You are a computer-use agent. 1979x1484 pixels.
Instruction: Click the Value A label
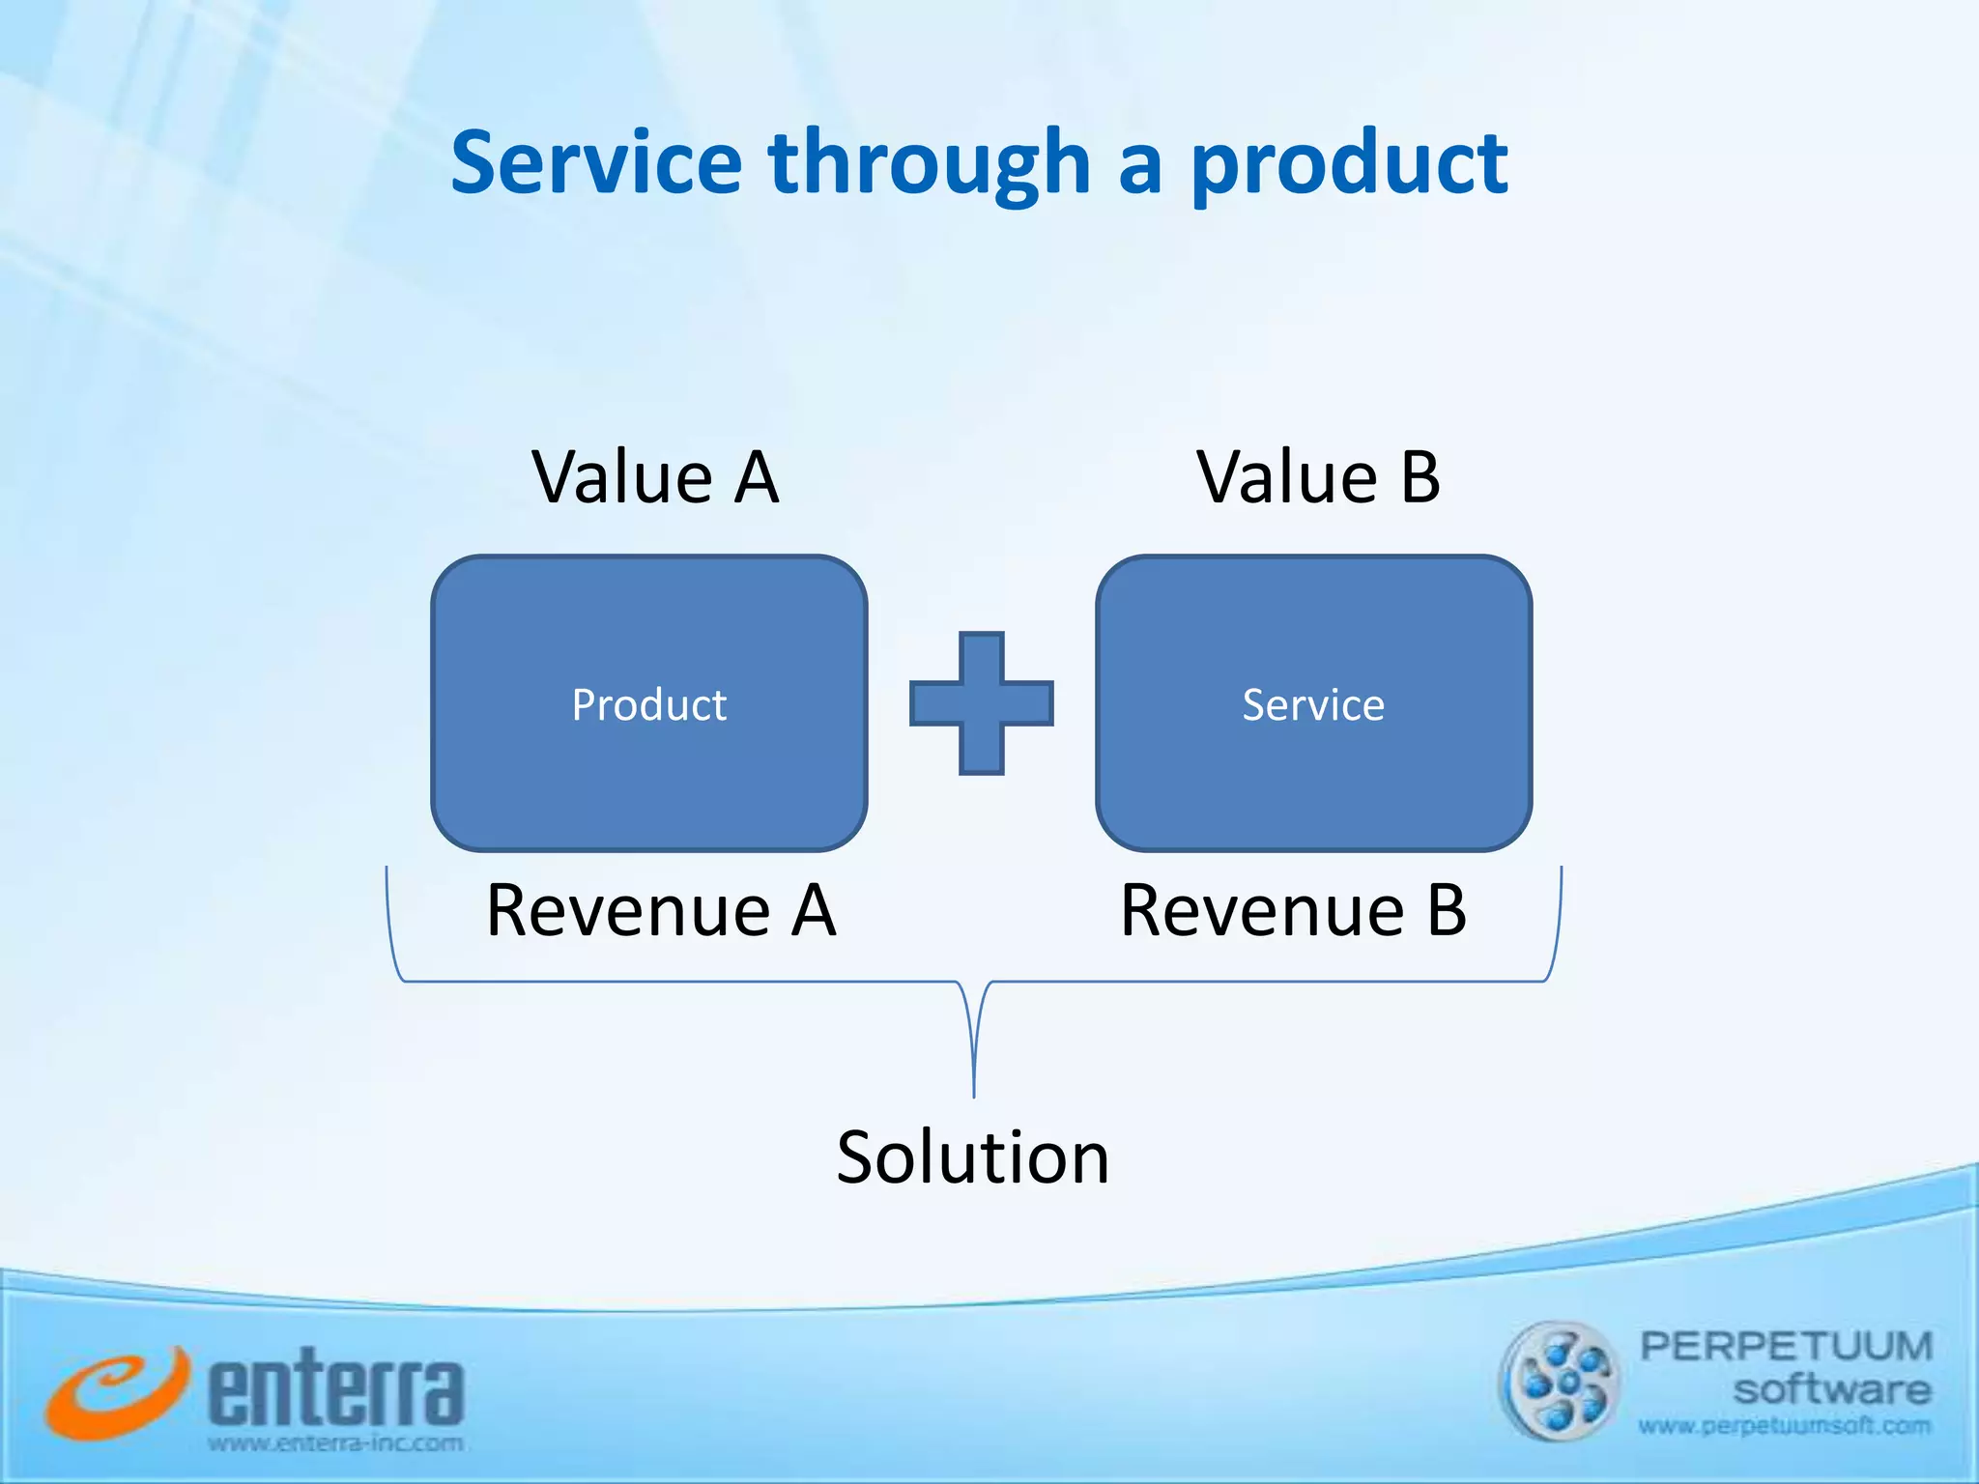(x=655, y=477)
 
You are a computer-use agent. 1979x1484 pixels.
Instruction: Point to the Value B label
(x=1318, y=477)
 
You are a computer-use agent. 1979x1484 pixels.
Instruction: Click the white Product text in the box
(x=648, y=704)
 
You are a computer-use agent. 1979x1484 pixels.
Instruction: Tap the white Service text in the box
(x=1313, y=704)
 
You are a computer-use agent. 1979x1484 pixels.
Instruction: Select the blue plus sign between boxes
(x=981, y=703)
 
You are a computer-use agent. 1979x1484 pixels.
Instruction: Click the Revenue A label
(x=661, y=910)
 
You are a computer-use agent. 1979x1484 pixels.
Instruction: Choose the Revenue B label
(x=1293, y=910)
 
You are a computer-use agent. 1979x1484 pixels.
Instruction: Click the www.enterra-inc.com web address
(x=335, y=1444)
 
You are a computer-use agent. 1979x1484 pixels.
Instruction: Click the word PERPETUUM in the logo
(x=1786, y=1346)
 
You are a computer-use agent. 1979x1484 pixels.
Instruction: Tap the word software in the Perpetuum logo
(x=1831, y=1390)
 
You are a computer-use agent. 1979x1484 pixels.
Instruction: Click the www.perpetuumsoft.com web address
(x=1784, y=1426)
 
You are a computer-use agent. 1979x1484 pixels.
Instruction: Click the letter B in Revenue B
(x=1447, y=910)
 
